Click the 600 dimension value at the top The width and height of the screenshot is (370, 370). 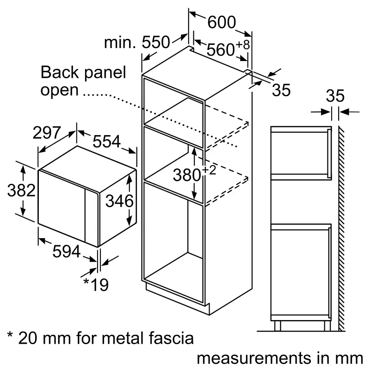point(221,22)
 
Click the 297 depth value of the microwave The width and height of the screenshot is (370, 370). point(47,133)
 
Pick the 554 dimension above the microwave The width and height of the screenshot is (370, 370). point(107,141)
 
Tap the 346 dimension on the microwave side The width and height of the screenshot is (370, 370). point(119,201)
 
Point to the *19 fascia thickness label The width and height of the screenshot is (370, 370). point(96,284)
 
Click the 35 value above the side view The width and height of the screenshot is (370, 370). point(335,96)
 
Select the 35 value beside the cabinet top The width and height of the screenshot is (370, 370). point(281,91)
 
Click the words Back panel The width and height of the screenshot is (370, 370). point(83,73)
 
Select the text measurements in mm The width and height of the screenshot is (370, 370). point(280,358)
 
